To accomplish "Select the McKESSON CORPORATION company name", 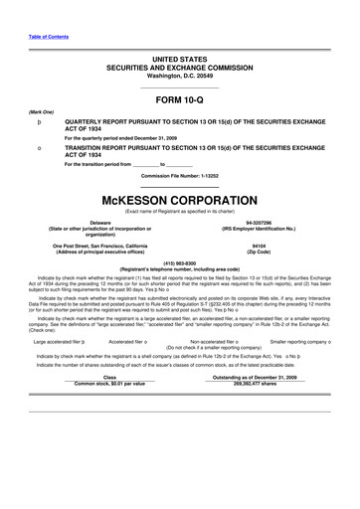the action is point(179,195).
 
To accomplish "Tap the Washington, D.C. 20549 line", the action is point(179,76).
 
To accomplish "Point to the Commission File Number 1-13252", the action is point(179,175).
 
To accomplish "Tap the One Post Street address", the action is point(100,244).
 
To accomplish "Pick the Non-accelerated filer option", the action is point(218,340).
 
